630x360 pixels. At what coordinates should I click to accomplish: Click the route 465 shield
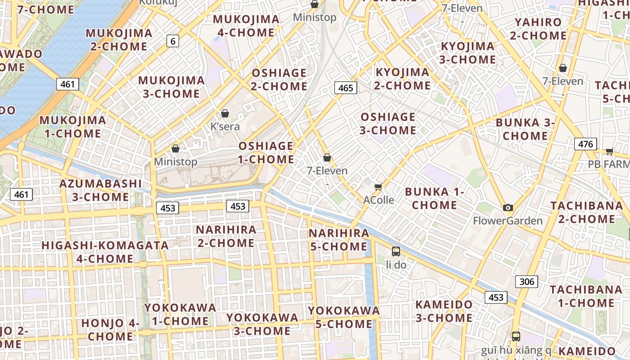pyautogui.click(x=346, y=88)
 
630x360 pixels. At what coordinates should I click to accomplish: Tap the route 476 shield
pyautogui.click(x=585, y=144)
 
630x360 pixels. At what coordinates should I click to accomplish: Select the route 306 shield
pyautogui.click(x=526, y=282)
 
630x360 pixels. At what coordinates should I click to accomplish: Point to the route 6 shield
pyautogui.click(x=172, y=41)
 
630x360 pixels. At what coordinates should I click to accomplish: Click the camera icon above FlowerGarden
pyautogui.click(x=508, y=207)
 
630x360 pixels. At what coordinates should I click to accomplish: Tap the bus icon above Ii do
pyautogui.click(x=396, y=251)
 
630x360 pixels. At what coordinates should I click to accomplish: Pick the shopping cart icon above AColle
pyautogui.click(x=378, y=187)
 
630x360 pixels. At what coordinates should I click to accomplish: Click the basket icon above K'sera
pyautogui.click(x=225, y=113)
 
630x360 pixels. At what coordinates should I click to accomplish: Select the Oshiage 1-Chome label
pyautogui.click(x=266, y=153)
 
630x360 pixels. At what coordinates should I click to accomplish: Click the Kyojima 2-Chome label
pyautogui.click(x=403, y=79)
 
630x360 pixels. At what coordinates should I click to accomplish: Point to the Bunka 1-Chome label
pyautogui.click(x=435, y=198)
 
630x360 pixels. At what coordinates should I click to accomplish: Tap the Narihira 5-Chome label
pyautogui.click(x=339, y=240)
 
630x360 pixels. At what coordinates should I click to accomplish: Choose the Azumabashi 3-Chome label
pyautogui.click(x=101, y=190)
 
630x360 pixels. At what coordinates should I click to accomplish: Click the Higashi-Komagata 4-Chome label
pyautogui.click(x=105, y=252)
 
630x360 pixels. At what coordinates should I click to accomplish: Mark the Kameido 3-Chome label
pyautogui.click(x=444, y=311)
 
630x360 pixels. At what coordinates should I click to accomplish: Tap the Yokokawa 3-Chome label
pyautogui.click(x=262, y=324)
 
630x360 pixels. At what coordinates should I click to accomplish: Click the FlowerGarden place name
pyautogui.click(x=508, y=221)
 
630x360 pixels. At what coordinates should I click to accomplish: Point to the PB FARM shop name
pyautogui.click(x=608, y=164)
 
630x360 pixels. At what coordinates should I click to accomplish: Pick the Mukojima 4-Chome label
pyautogui.click(x=246, y=26)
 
